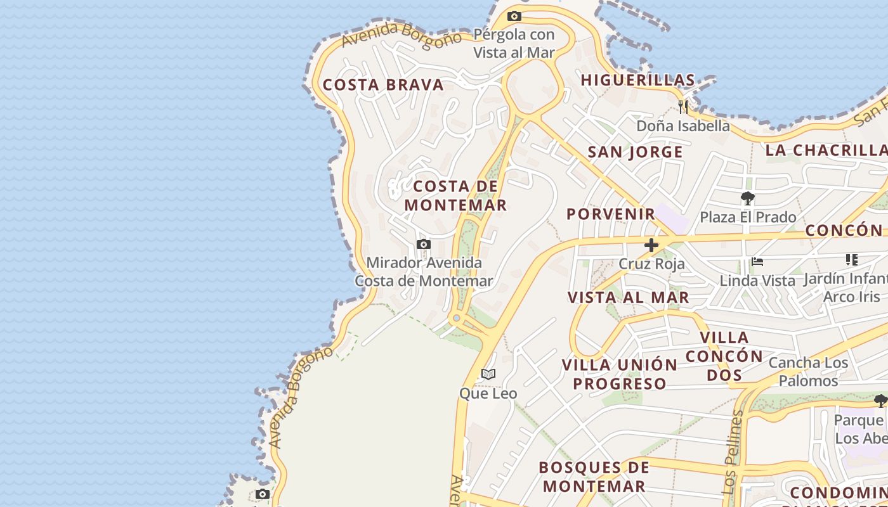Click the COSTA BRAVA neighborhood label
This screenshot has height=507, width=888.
(x=383, y=85)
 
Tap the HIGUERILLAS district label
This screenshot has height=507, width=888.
(x=637, y=80)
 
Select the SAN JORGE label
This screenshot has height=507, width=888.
(x=635, y=152)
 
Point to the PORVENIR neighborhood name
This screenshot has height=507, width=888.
(x=610, y=214)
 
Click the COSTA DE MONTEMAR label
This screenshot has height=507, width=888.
(x=455, y=195)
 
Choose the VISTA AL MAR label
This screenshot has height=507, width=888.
(x=628, y=297)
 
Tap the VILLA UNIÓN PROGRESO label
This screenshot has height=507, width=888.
(x=620, y=374)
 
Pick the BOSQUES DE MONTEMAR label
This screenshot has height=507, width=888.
(x=594, y=477)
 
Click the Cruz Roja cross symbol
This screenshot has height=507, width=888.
(x=651, y=245)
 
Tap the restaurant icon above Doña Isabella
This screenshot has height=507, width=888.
(x=682, y=106)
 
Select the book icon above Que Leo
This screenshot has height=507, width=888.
(x=488, y=375)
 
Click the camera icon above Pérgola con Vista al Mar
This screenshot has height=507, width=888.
(x=514, y=16)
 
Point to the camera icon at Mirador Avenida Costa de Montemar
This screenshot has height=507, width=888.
(x=423, y=244)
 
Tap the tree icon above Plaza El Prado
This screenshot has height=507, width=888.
(x=748, y=198)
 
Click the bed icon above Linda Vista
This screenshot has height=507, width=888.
(x=757, y=261)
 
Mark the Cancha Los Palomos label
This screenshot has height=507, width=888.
(x=808, y=372)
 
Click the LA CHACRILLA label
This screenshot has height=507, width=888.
(x=826, y=150)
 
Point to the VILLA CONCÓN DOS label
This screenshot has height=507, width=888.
(x=724, y=356)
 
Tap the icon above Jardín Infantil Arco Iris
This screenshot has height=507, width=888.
(x=852, y=260)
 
